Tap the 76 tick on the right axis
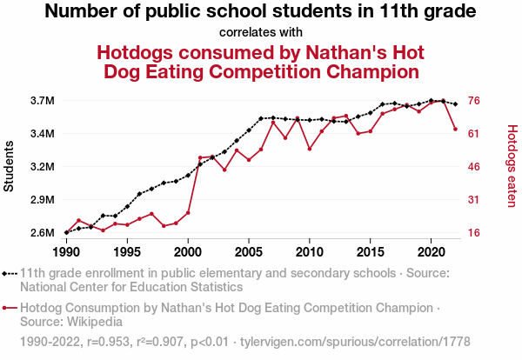click(475, 101)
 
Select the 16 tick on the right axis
click(475, 233)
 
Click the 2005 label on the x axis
click(249, 251)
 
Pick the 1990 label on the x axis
click(66, 251)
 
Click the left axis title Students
click(10, 167)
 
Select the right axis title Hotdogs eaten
click(512, 166)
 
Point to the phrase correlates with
click(260, 32)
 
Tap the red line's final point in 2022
click(456, 130)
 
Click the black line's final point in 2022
click(456, 103)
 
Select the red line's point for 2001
click(200, 158)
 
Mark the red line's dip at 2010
click(310, 149)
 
